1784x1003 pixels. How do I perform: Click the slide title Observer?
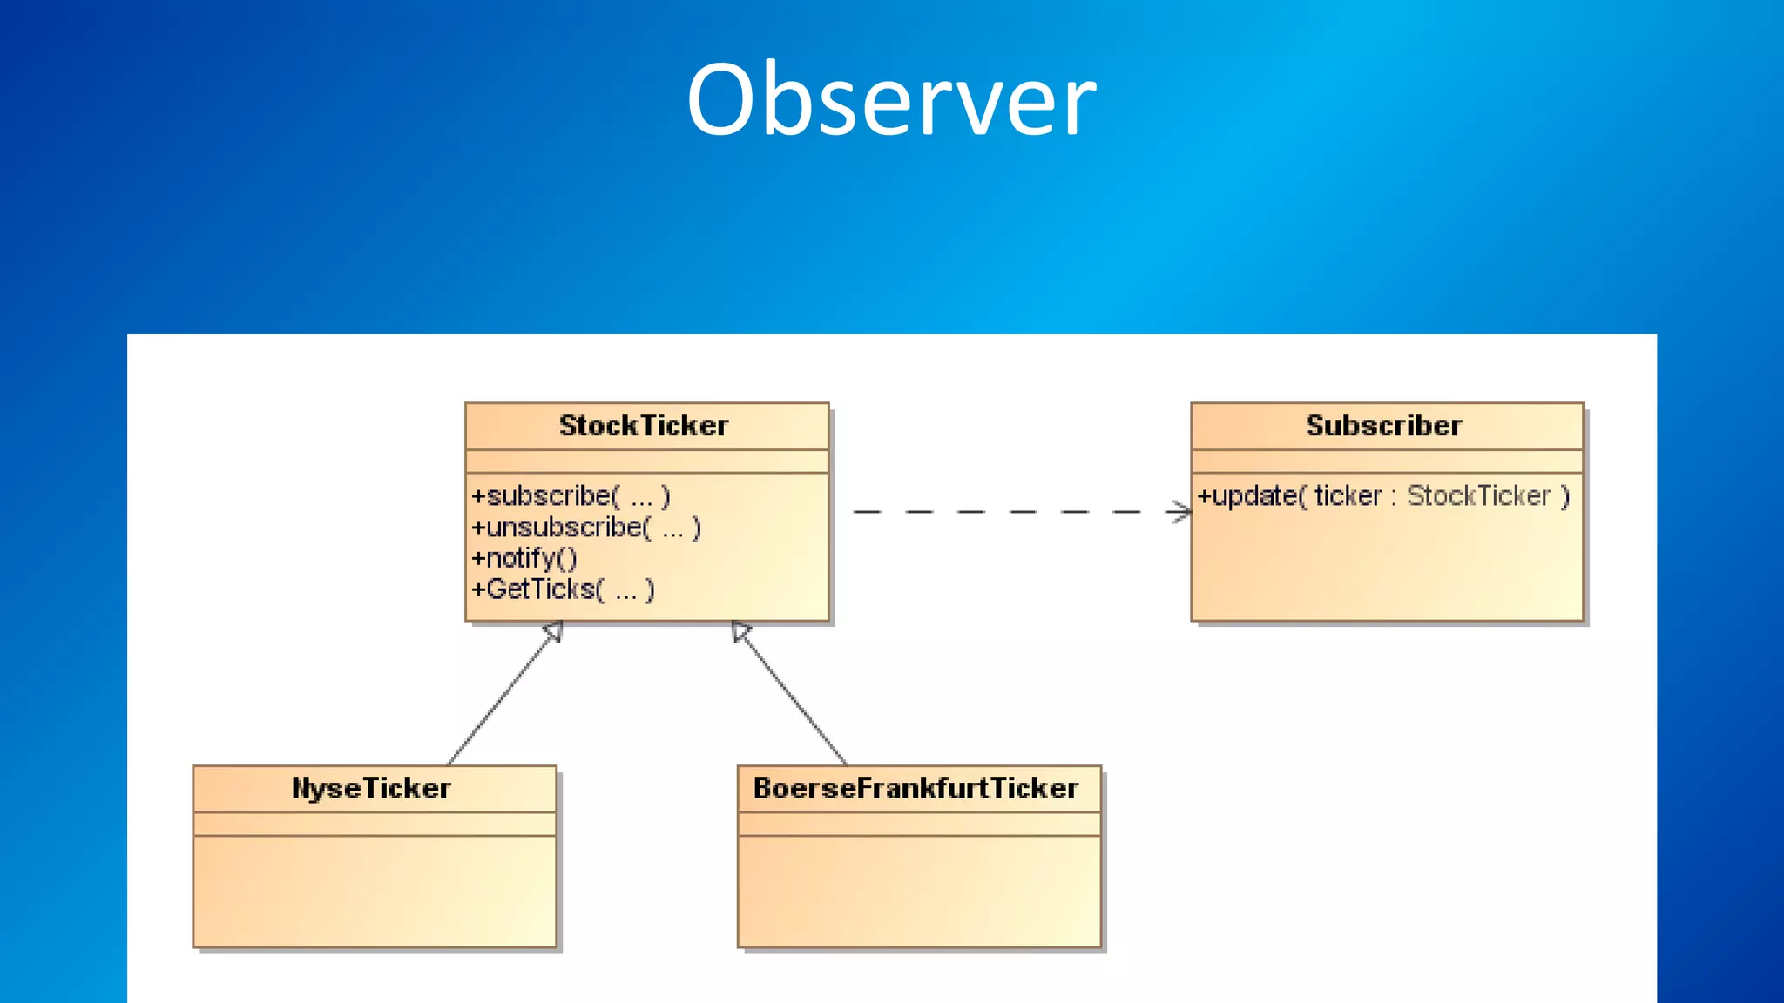pyautogui.click(x=890, y=100)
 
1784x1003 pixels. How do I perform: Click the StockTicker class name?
pyautogui.click(x=644, y=426)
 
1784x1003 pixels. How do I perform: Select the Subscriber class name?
pyautogui.click(x=1383, y=426)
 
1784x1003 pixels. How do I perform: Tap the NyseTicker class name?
pyautogui.click(x=372, y=789)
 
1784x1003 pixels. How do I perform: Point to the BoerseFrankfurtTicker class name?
pyautogui.click(x=916, y=789)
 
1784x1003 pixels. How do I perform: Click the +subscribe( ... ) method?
pyautogui.click(x=571, y=496)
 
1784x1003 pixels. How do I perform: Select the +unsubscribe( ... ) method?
pyautogui.click(x=586, y=528)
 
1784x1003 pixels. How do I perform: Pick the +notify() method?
pyautogui.click(x=524, y=558)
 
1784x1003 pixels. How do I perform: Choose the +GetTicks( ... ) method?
pyautogui.click(x=563, y=589)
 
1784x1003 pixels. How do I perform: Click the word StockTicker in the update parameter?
pyautogui.click(x=1478, y=496)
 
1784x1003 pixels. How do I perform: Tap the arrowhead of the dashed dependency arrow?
pyautogui.click(x=1182, y=512)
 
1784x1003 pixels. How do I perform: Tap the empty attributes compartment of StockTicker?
pyautogui.click(x=646, y=461)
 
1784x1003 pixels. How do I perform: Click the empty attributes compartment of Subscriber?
pyautogui.click(x=1386, y=461)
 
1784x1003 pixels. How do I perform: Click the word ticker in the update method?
pyautogui.click(x=1348, y=496)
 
